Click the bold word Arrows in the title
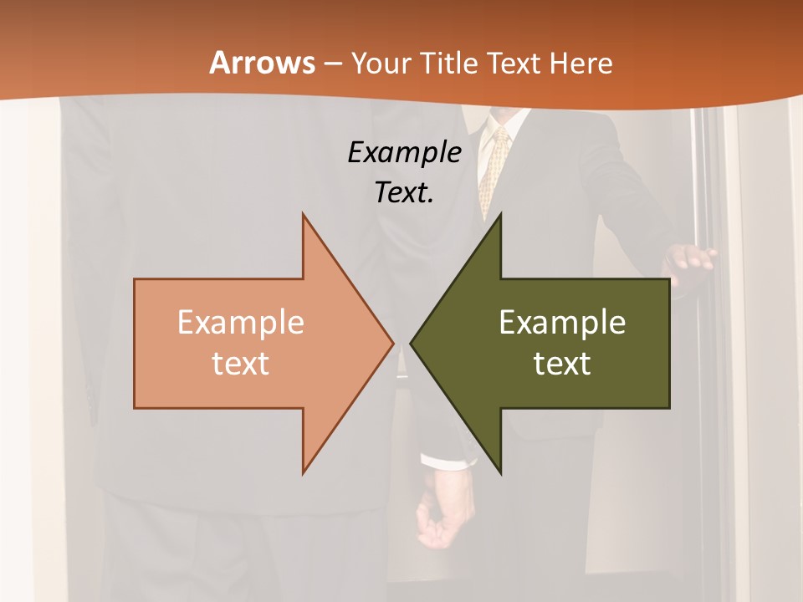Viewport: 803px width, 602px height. click(x=263, y=63)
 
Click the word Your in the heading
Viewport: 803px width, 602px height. click(x=381, y=63)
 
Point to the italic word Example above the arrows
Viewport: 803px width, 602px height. click(x=405, y=153)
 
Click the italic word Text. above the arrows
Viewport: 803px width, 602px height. click(x=405, y=192)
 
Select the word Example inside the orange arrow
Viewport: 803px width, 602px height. click(x=241, y=323)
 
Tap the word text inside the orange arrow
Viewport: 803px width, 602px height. click(x=241, y=364)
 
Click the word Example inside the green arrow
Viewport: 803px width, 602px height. click(x=562, y=323)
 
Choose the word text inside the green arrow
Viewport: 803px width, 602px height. click(x=562, y=364)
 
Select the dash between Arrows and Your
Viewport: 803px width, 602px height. click(x=332, y=64)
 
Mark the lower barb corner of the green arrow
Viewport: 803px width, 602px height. click(x=500, y=472)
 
